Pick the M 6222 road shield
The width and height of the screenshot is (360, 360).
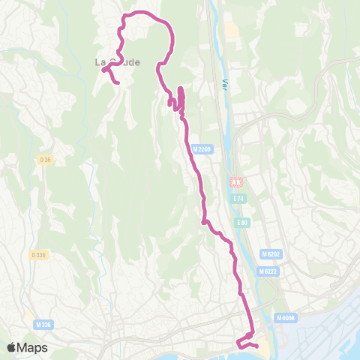[x=268, y=271]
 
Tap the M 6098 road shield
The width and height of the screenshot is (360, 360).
[x=286, y=318]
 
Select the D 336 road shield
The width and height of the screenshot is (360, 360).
[x=39, y=255]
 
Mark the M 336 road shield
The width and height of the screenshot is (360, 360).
[x=43, y=324]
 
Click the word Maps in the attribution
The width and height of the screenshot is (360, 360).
[x=34, y=347]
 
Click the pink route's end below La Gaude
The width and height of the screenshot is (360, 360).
[x=119, y=82]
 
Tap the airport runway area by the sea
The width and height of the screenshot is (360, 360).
[x=330, y=330]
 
